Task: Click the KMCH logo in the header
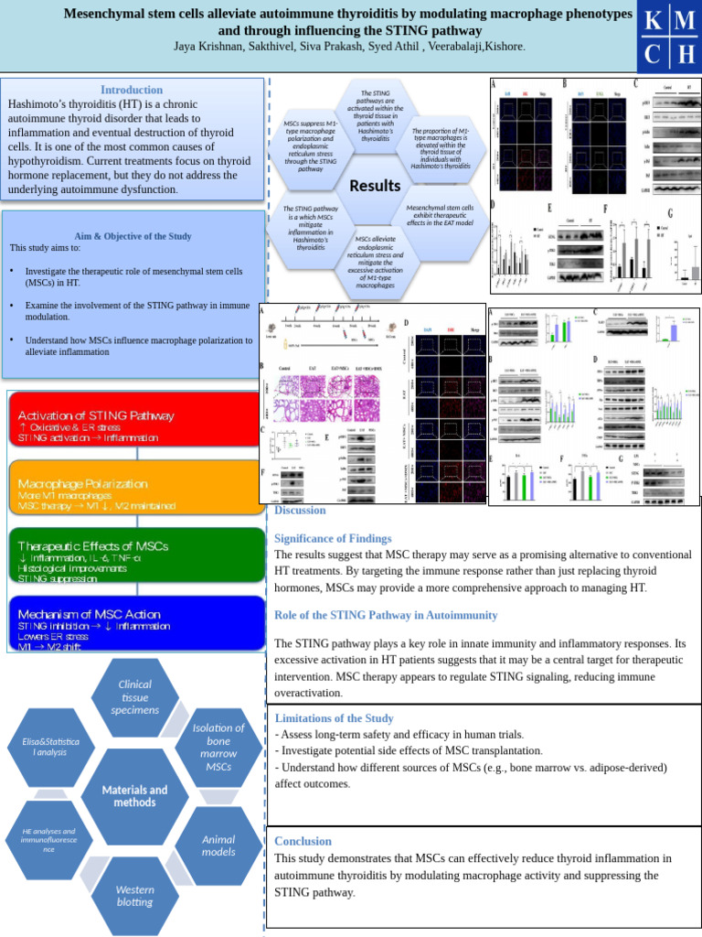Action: pos(669,37)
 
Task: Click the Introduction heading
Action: pos(132,90)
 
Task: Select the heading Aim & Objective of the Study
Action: pos(133,236)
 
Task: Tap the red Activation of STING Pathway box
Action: pos(135,425)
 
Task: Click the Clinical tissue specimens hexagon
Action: pos(135,696)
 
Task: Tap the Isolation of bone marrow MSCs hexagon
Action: pos(218,747)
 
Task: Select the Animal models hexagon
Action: pos(218,845)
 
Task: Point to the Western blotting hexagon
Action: pos(135,895)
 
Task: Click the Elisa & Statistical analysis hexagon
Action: pos(50,746)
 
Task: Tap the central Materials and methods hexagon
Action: pos(134,795)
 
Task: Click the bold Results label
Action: pos(375,186)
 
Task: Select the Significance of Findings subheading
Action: pos(333,538)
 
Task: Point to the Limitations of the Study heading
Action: pos(334,718)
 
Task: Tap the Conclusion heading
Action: pos(303,841)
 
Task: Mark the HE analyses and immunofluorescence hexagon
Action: pos(51,840)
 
